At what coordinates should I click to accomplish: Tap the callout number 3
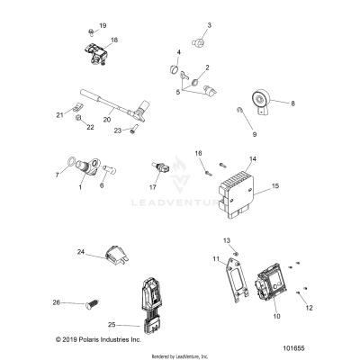(x=210, y=25)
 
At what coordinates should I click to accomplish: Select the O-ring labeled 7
(x=70, y=164)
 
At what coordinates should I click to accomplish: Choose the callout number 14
(x=253, y=159)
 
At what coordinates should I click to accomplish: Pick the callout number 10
(x=277, y=317)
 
